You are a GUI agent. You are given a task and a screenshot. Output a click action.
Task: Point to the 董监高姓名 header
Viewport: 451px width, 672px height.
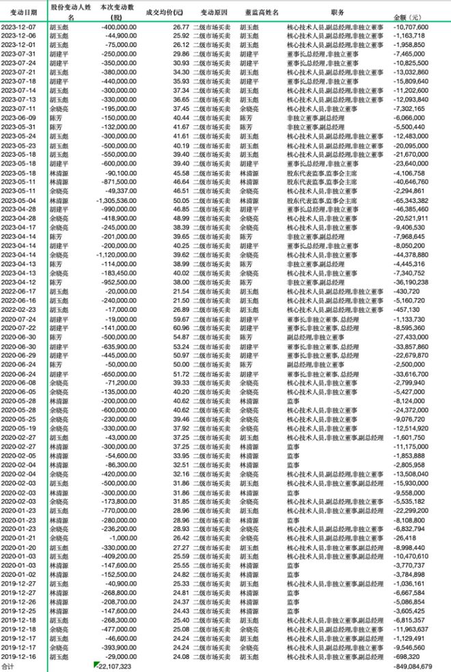point(258,12)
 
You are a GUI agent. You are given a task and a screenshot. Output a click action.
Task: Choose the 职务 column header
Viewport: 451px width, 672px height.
point(338,12)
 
